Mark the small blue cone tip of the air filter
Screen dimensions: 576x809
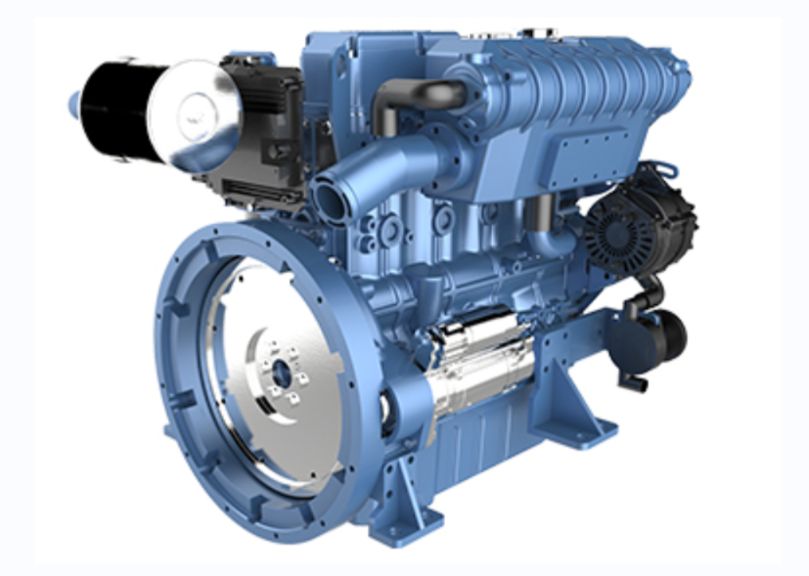pyautogui.click(x=74, y=102)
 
